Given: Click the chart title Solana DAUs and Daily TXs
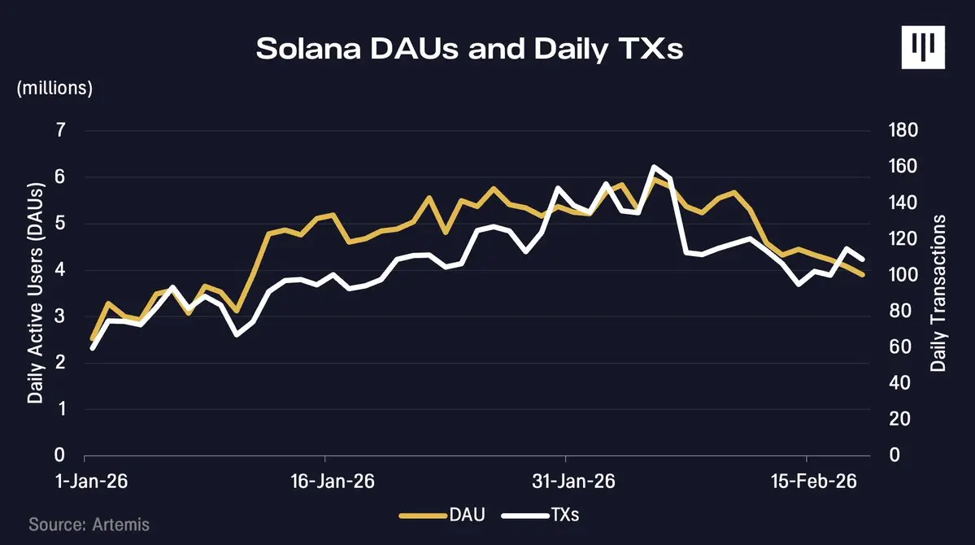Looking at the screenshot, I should pos(469,49).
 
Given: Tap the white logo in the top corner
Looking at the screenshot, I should pos(925,46).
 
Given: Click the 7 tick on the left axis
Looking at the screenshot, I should pos(59,131).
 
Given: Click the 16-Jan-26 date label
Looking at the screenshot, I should pos(332,481).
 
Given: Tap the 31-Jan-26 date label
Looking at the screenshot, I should pos(573,481).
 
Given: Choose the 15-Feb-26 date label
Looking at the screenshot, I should pos(814,481).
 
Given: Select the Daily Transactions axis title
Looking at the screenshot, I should pos(939,294).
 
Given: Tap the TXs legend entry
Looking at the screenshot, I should pos(541,515).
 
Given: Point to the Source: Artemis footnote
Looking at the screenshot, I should pos(89,524).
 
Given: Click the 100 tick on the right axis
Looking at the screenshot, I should pos(899,275).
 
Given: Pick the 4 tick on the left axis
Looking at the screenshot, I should pos(59,270).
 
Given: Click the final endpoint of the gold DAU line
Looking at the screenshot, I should pos(863,275).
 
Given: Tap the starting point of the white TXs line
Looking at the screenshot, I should pos(92,348).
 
